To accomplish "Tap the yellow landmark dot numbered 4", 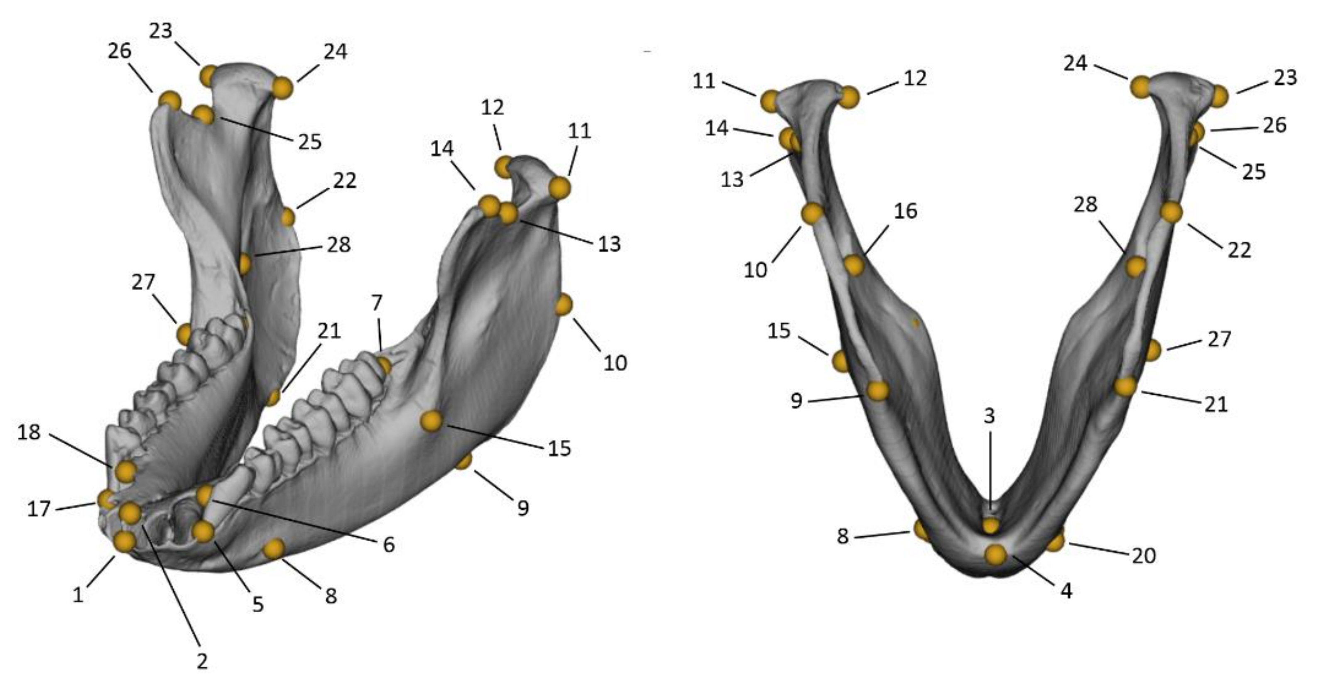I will coord(995,555).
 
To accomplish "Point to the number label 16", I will coord(905,211).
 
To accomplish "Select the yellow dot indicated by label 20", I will coord(1055,541).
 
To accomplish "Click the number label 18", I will coord(29,432).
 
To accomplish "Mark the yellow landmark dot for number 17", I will coord(106,498).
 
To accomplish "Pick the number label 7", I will coord(376,303).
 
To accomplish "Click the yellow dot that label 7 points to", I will coord(384,366).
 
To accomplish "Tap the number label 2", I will coord(202,661).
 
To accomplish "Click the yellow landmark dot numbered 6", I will coord(205,495).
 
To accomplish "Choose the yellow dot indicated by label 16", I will coord(853,265).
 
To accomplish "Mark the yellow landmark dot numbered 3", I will coord(990,525).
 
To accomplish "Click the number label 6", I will coord(389,545).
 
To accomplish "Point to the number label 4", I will coord(1066,591).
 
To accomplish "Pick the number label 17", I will coord(39,509).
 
